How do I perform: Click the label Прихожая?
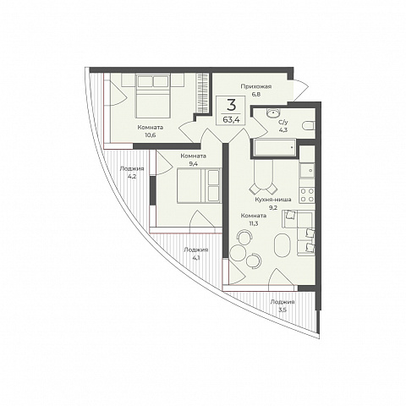click(255, 86)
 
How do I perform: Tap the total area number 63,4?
click(231, 119)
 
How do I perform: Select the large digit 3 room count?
click(231, 106)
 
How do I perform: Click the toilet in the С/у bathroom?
click(308, 126)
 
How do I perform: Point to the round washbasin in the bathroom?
click(273, 113)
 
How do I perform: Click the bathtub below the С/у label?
click(275, 147)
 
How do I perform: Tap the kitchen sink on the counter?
click(307, 171)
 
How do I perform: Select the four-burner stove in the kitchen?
click(307, 195)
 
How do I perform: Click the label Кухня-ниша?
click(273, 200)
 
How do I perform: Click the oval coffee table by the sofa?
click(282, 245)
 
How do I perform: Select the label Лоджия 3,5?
click(283, 305)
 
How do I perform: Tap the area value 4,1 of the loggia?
click(196, 258)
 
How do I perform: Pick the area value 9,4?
click(193, 164)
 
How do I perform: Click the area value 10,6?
click(151, 135)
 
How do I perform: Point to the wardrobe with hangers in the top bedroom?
click(203, 93)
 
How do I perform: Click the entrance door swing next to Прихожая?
click(300, 91)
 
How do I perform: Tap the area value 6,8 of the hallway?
click(256, 94)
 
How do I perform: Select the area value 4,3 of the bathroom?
click(283, 130)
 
